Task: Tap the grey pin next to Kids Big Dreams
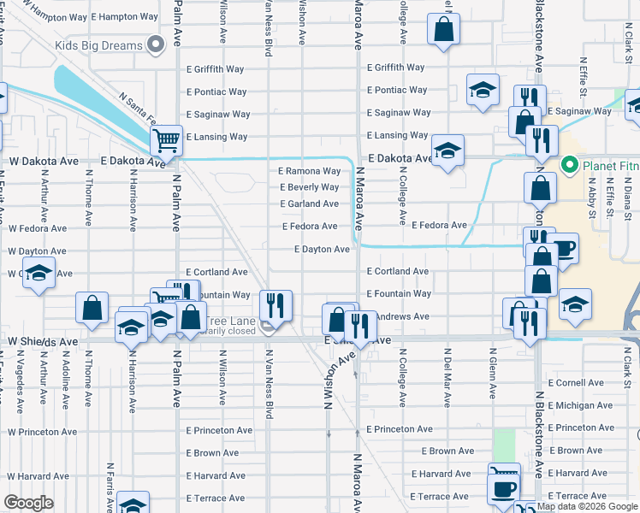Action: (x=156, y=44)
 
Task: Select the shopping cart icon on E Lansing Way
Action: (x=167, y=140)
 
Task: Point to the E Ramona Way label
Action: (x=309, y=171)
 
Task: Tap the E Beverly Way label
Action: (x=309, y=187)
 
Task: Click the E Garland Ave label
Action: (x=309, y=203)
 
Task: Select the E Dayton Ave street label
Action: (x=322, y=250)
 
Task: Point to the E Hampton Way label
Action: (x=123, y=16)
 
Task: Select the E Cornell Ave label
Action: (x=580, y=383)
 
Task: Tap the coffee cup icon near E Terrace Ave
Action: (x=502, y=489)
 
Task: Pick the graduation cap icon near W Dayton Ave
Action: (x=38, y=273)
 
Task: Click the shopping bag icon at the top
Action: (x=445, y=30)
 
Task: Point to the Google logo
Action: (x=28, y=503)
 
